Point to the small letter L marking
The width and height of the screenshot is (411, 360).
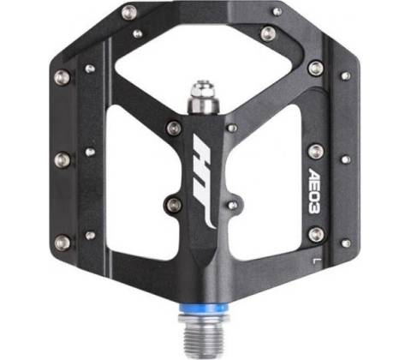[314, 261]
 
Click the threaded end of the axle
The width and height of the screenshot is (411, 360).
[203, 339]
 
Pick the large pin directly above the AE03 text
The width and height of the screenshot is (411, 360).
[316, 151]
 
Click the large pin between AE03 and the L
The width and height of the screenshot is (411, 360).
[316, 234]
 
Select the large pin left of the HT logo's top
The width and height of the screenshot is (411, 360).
[174, 128]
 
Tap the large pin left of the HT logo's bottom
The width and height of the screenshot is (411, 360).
[174, 205]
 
